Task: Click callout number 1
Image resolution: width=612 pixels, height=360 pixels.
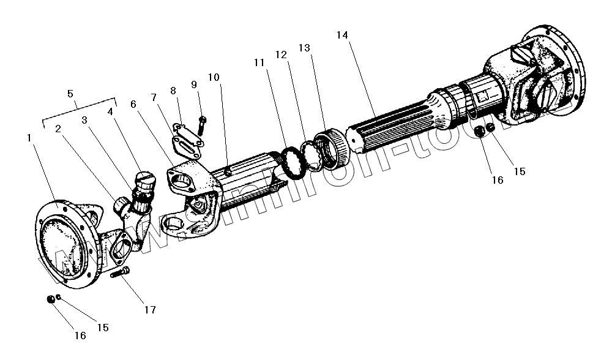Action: [29, 138]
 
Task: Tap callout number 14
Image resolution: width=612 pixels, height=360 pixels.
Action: [342, 35]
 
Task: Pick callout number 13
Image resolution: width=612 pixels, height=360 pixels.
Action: [305, 48]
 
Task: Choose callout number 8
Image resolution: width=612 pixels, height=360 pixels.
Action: [174, 90]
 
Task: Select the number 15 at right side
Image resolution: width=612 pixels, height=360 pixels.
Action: [519, 171]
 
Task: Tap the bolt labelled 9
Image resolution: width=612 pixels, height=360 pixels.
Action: [203, 124]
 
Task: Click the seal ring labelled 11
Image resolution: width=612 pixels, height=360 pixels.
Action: [292, 160]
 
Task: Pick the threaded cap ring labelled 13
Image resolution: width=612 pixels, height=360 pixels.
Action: [334, 149]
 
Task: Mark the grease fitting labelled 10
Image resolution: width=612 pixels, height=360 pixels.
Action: [227, 172]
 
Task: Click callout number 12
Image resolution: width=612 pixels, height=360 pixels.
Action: [282, 54]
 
